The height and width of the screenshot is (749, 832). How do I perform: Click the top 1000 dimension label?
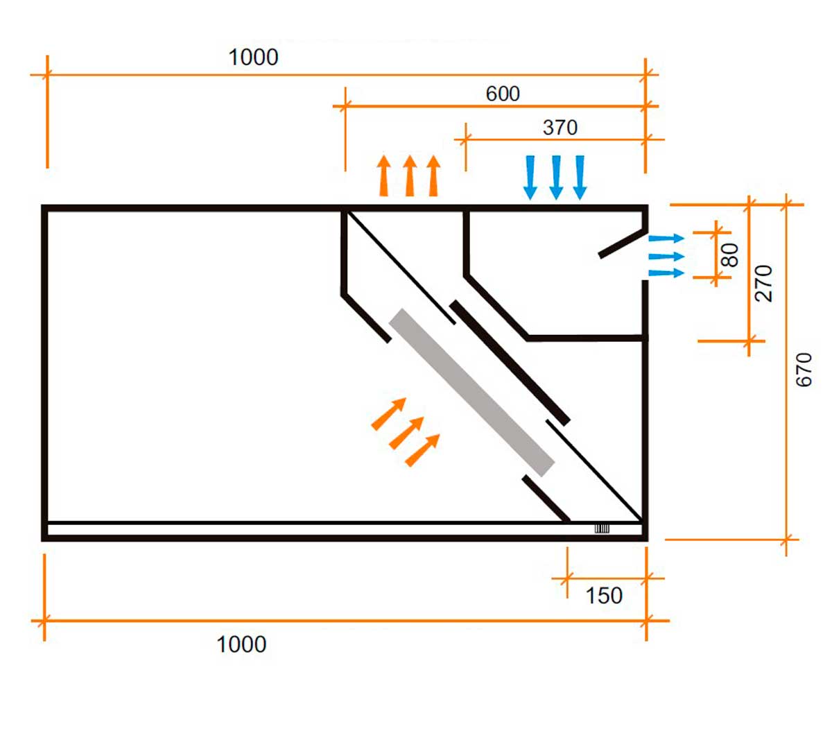[253, 57]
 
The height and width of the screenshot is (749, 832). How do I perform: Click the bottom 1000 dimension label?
[241, 644]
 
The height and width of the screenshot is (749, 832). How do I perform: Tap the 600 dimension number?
[503, 94]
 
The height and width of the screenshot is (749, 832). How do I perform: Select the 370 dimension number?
[560, 128]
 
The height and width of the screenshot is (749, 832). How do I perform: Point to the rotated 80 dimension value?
[730, 255]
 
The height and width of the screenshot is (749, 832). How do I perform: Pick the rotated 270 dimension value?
[763, 282]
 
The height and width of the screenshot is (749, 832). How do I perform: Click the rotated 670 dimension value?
[804, 370]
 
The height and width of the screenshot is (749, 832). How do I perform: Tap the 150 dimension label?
[604, 596]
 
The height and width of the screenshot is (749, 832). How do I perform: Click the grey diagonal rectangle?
[472, 393]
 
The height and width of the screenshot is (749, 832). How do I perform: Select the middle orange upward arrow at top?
[410, 176]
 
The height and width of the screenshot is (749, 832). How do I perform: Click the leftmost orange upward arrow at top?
[384, 176]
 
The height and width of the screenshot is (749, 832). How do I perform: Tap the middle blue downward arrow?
[555, 178]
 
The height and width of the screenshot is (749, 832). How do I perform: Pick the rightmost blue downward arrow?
[580, 178]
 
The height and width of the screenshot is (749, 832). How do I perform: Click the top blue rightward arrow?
[666, 239]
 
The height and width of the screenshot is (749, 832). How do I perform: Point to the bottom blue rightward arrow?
[666, 273]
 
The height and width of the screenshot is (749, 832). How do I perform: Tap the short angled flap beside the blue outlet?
[621, 243]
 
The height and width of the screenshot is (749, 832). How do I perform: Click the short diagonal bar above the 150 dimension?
[546, 498]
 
